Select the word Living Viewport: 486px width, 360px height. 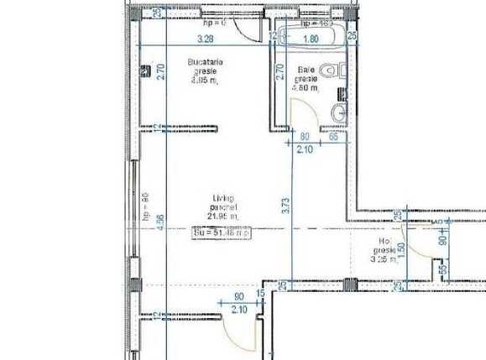(x=222, y=198)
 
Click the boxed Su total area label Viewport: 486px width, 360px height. (x=222, y=232)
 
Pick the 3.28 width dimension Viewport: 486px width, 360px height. (x=206, y=38)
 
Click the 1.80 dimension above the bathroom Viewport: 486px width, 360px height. (x=310, y=38)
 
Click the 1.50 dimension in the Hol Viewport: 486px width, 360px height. (x=400, y=250)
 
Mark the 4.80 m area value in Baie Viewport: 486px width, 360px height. (x=304, y=86)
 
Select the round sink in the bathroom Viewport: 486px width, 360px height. (x=337, y=113)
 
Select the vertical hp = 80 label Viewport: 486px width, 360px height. (x=144, y=206)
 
